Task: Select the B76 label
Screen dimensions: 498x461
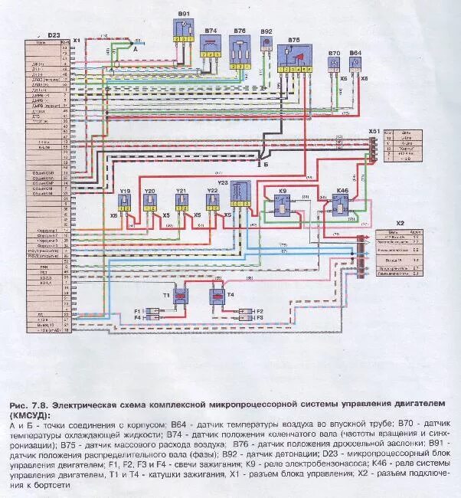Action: click(x=240, y=31)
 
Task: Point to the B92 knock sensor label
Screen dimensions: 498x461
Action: click(x=266, y=31)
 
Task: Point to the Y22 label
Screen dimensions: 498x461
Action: click(x=212, y=189)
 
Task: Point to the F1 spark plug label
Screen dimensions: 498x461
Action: click(x=139, y=310)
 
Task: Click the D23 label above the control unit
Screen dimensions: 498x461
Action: click(x=53, y=35)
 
